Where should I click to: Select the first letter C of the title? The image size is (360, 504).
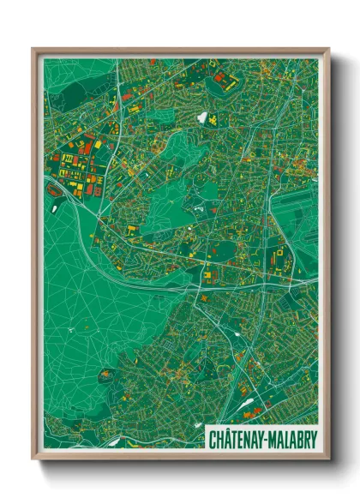[213, 439]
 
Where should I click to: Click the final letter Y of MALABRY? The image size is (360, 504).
[312, 439]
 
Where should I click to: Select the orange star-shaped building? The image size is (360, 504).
[131, 229]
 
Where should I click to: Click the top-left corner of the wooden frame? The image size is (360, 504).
[33, 49]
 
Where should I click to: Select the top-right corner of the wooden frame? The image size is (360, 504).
[329, 49]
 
